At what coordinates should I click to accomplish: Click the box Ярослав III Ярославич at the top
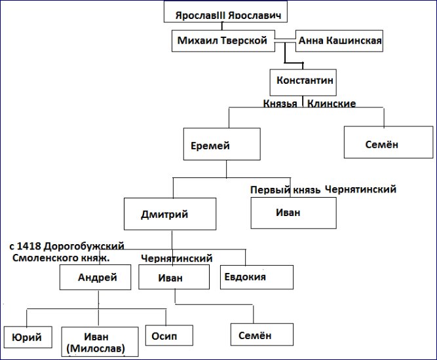[225, 12]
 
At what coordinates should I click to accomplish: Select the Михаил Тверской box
[223, 41]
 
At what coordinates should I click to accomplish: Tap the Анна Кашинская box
[339, 41]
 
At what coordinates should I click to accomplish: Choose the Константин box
[303, 82]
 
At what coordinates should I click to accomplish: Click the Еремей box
[222, 144]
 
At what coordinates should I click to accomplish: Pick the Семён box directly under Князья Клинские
[389, 142]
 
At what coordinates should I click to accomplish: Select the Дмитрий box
[170, 214]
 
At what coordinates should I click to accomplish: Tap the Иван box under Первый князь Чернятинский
[294, 213]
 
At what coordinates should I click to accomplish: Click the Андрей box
[95, 278]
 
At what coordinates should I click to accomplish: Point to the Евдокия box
[257, 277]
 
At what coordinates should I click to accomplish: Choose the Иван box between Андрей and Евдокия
[174, 277]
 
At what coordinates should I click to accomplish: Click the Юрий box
[28, 337]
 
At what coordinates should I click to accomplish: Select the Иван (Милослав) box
[100, 342]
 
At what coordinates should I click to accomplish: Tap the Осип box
[169, 335]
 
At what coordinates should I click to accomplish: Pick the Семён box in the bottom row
[262, 334]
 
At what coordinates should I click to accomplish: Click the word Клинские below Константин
[332, 103]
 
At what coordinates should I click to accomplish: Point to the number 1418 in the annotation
[29, 246]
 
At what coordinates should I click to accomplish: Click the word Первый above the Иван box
[271, 190]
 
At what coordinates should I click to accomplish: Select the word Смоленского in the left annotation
[45, 258]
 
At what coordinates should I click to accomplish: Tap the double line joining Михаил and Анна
[285, 41]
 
